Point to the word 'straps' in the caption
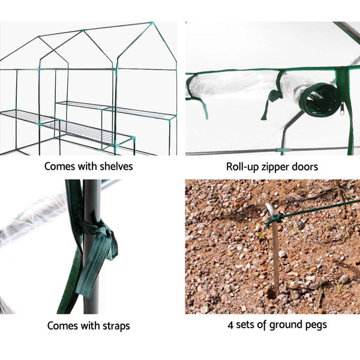pos(114,326)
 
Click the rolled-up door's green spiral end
pos(321,100)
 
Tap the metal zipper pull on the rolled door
pos(342,110)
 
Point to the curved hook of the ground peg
pos(271,211)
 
